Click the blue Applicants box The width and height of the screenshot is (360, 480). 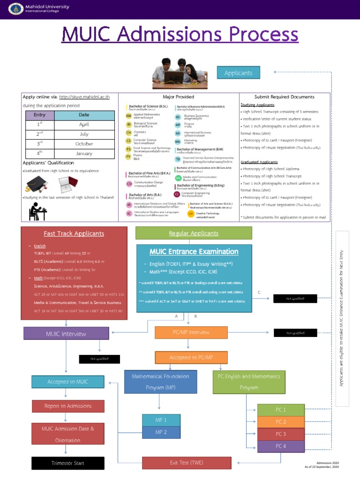click(238, 73)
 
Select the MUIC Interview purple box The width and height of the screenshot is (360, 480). click(66, 334)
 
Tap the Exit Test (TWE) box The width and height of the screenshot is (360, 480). click(187, 463)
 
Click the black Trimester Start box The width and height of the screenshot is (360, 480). click(68, 463)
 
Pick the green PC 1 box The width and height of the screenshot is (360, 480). click(281, 410)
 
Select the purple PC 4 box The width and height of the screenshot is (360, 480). click(281, 446)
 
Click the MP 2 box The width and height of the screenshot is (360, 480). click(161, 432)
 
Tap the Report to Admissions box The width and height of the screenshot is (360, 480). click(68, 406)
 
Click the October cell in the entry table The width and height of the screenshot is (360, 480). click(84, 144)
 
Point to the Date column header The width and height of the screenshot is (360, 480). click(84, 115)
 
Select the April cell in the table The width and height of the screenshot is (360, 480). click(84, 125)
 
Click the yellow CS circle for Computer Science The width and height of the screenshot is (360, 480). click(128, 141)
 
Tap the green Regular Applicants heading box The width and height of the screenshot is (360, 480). click(194, 233)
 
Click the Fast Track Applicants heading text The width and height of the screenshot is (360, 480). click(74, 233)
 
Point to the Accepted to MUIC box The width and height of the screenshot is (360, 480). click(68, 382)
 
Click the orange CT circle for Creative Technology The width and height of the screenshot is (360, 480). click(191, 214)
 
